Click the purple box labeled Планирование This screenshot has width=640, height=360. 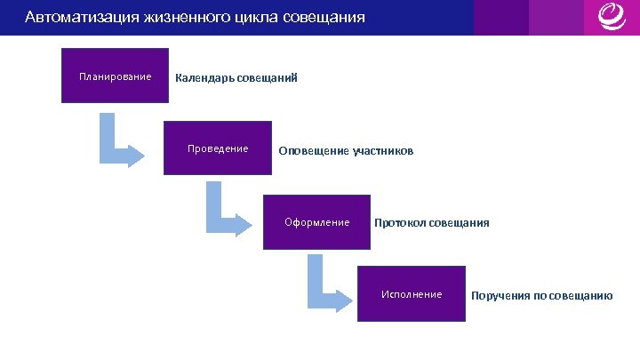click(x=114, y=76)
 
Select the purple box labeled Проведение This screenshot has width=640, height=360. click(x=218, y=148)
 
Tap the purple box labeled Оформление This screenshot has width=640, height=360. click(x=316, y=222)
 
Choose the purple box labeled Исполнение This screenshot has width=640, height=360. click(x=411, y=294)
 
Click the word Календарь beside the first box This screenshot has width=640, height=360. click(x=204, y=78)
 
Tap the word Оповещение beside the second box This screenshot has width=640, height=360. click(x=314, y=151)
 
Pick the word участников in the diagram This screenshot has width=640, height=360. click(x=383, y=151)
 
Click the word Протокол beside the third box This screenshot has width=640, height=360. click(x=400, y=223)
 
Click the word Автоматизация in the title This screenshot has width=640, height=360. click(x=80, y=17)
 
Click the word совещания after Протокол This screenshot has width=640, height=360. click(x=460, y=223)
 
